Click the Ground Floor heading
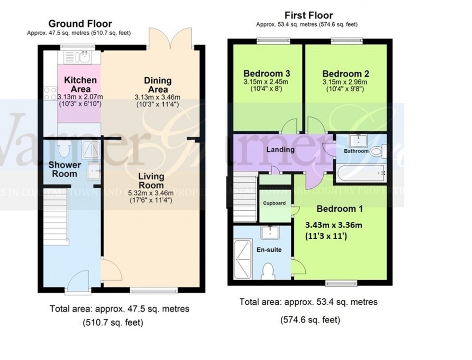click(80, 24)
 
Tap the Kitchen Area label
click(80, 84)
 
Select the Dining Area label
click(158, 85)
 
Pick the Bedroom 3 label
click(266, 74)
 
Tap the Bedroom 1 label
click(340, 209)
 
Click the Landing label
click(280, 150)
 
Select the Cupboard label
click(274, 203)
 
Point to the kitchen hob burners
click(50, 92)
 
